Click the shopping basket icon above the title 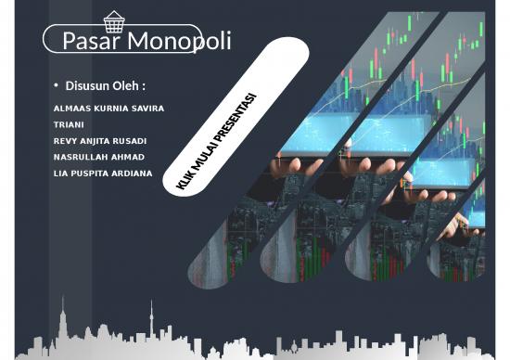click(x=114, y=20)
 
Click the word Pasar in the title click(x=92, y=42)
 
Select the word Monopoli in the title click(x=180, y=42)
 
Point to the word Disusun click(x=86, y=86)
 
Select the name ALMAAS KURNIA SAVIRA click(x=109, y=109)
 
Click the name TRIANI click(x=70, y=124)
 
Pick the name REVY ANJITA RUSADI click(x=100, y=140)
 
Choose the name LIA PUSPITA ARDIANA click(x=103, y=173)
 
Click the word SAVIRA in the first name click(x=147, y=109)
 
